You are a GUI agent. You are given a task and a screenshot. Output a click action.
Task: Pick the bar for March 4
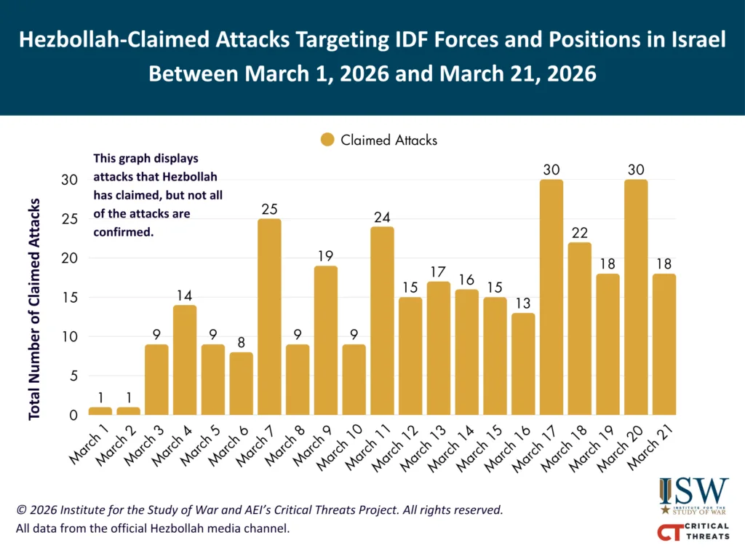(x=185, y=360)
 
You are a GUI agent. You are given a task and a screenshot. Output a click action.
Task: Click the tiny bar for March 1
(x=100, y=411)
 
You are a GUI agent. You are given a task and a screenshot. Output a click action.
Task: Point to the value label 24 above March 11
(x=382, y=216)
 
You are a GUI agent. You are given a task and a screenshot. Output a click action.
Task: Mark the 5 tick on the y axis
(x=72, y=376)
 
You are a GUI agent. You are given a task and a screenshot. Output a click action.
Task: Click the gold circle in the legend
(x=327, y=140)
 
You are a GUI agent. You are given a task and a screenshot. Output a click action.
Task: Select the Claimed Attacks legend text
(x=389, y=140)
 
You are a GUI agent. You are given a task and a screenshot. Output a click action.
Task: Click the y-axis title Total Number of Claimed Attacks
(x=34, y=309)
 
